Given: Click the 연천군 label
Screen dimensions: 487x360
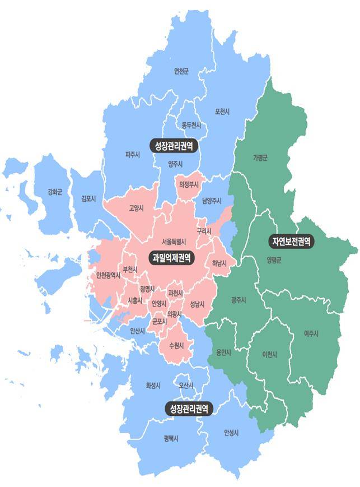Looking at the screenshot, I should [181, 71].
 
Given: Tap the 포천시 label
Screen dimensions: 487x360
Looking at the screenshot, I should [222, 112].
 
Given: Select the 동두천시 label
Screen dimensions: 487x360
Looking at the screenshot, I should [191, 126].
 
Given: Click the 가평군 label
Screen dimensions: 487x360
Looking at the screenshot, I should [260, 157].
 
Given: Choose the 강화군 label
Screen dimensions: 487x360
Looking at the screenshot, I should [55, 192].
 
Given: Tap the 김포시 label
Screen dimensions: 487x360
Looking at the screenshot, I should [88, 198].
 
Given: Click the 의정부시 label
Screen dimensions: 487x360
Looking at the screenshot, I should [189, 184].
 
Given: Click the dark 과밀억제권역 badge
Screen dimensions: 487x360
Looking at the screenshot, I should [171, 258].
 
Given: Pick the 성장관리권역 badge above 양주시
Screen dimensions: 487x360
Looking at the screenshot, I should [174, 146].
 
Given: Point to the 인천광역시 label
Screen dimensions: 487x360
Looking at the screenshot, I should [108, 275].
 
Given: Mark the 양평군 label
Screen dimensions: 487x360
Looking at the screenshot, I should [274, 259].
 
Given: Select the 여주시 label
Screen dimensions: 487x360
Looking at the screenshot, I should [311, 333].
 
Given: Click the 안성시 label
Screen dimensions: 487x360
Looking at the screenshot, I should [231, 433].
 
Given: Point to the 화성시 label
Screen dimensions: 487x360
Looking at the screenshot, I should [153, 386].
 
